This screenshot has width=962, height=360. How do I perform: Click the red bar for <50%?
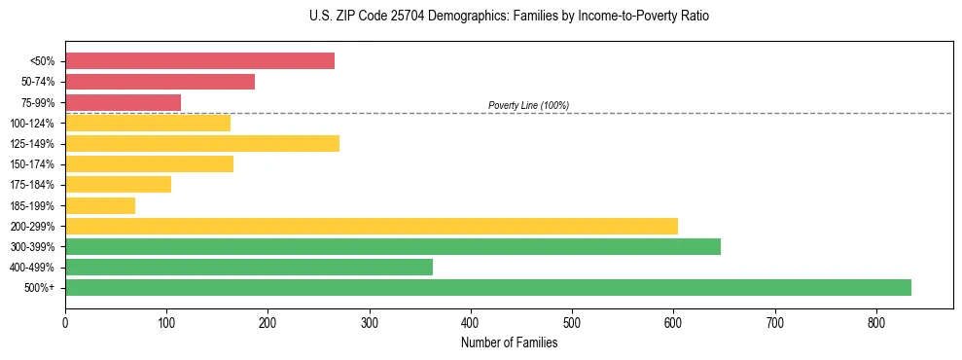coord(199,61)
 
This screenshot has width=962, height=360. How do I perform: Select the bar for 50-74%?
coord(160,82)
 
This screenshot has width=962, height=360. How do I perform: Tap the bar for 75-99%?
coord(123,102)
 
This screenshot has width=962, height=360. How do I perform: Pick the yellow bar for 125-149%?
coord(202,144)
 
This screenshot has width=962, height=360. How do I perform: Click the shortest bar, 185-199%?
coord(100,205)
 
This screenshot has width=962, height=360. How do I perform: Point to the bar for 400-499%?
coord(249,267)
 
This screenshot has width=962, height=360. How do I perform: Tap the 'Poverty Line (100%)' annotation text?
coord(528,105)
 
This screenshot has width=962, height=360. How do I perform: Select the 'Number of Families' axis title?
coord(509,342)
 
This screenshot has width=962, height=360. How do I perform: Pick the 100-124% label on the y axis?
coord(32,124)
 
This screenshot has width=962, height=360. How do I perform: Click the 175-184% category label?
coord(32,185)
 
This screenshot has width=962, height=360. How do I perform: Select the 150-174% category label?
coord(32,164)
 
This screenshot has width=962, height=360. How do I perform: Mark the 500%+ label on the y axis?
coord(40,288)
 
